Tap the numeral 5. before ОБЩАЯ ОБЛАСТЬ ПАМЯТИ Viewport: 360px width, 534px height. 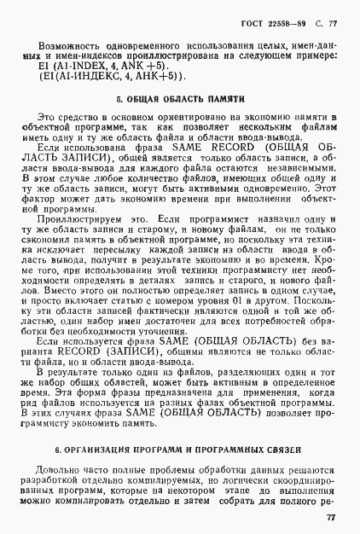pos(119,99)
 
